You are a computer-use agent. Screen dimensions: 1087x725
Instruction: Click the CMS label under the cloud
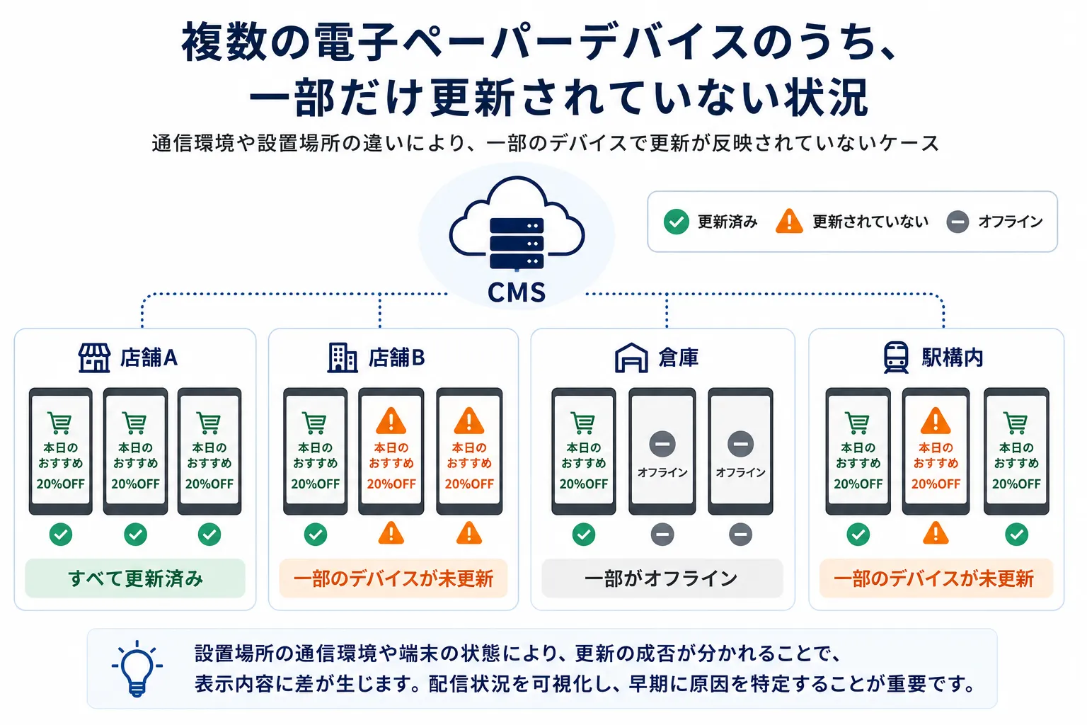click(517, 292)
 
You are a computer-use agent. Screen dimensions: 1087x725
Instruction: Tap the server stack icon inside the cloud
click(517, 244)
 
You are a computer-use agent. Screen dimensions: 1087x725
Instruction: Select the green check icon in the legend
click(676, 222)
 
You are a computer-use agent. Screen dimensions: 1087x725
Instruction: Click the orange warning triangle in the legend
click(789, 221)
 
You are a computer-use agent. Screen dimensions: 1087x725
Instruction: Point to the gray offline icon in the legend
click(957, 222)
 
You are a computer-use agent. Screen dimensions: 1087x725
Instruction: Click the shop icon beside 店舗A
click(95, 358)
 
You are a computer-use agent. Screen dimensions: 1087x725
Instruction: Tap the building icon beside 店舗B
click(342, 358)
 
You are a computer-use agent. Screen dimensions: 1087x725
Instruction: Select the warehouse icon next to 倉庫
click(631, 358)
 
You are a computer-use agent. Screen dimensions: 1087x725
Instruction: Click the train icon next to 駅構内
click(896, 358)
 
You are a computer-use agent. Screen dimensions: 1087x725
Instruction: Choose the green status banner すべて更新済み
click(135, 578)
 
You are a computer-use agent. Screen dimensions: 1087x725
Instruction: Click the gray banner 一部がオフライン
click(662, 578)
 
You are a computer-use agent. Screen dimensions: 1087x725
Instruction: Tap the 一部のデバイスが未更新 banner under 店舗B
click(393, 578)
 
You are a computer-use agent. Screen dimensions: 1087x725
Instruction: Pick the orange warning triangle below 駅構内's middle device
click(936, 533)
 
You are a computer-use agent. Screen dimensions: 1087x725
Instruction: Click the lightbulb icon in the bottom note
click(137, 668)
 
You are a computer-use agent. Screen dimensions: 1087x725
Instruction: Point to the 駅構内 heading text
click(952, 358)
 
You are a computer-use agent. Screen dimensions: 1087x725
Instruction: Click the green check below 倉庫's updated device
click(584, 534)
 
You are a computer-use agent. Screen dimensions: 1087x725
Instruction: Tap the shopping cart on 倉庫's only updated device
click(583, 423)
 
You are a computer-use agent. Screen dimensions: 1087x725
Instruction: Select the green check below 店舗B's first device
click(316, 534)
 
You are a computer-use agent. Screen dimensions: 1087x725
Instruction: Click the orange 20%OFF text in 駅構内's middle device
click(936, 484)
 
